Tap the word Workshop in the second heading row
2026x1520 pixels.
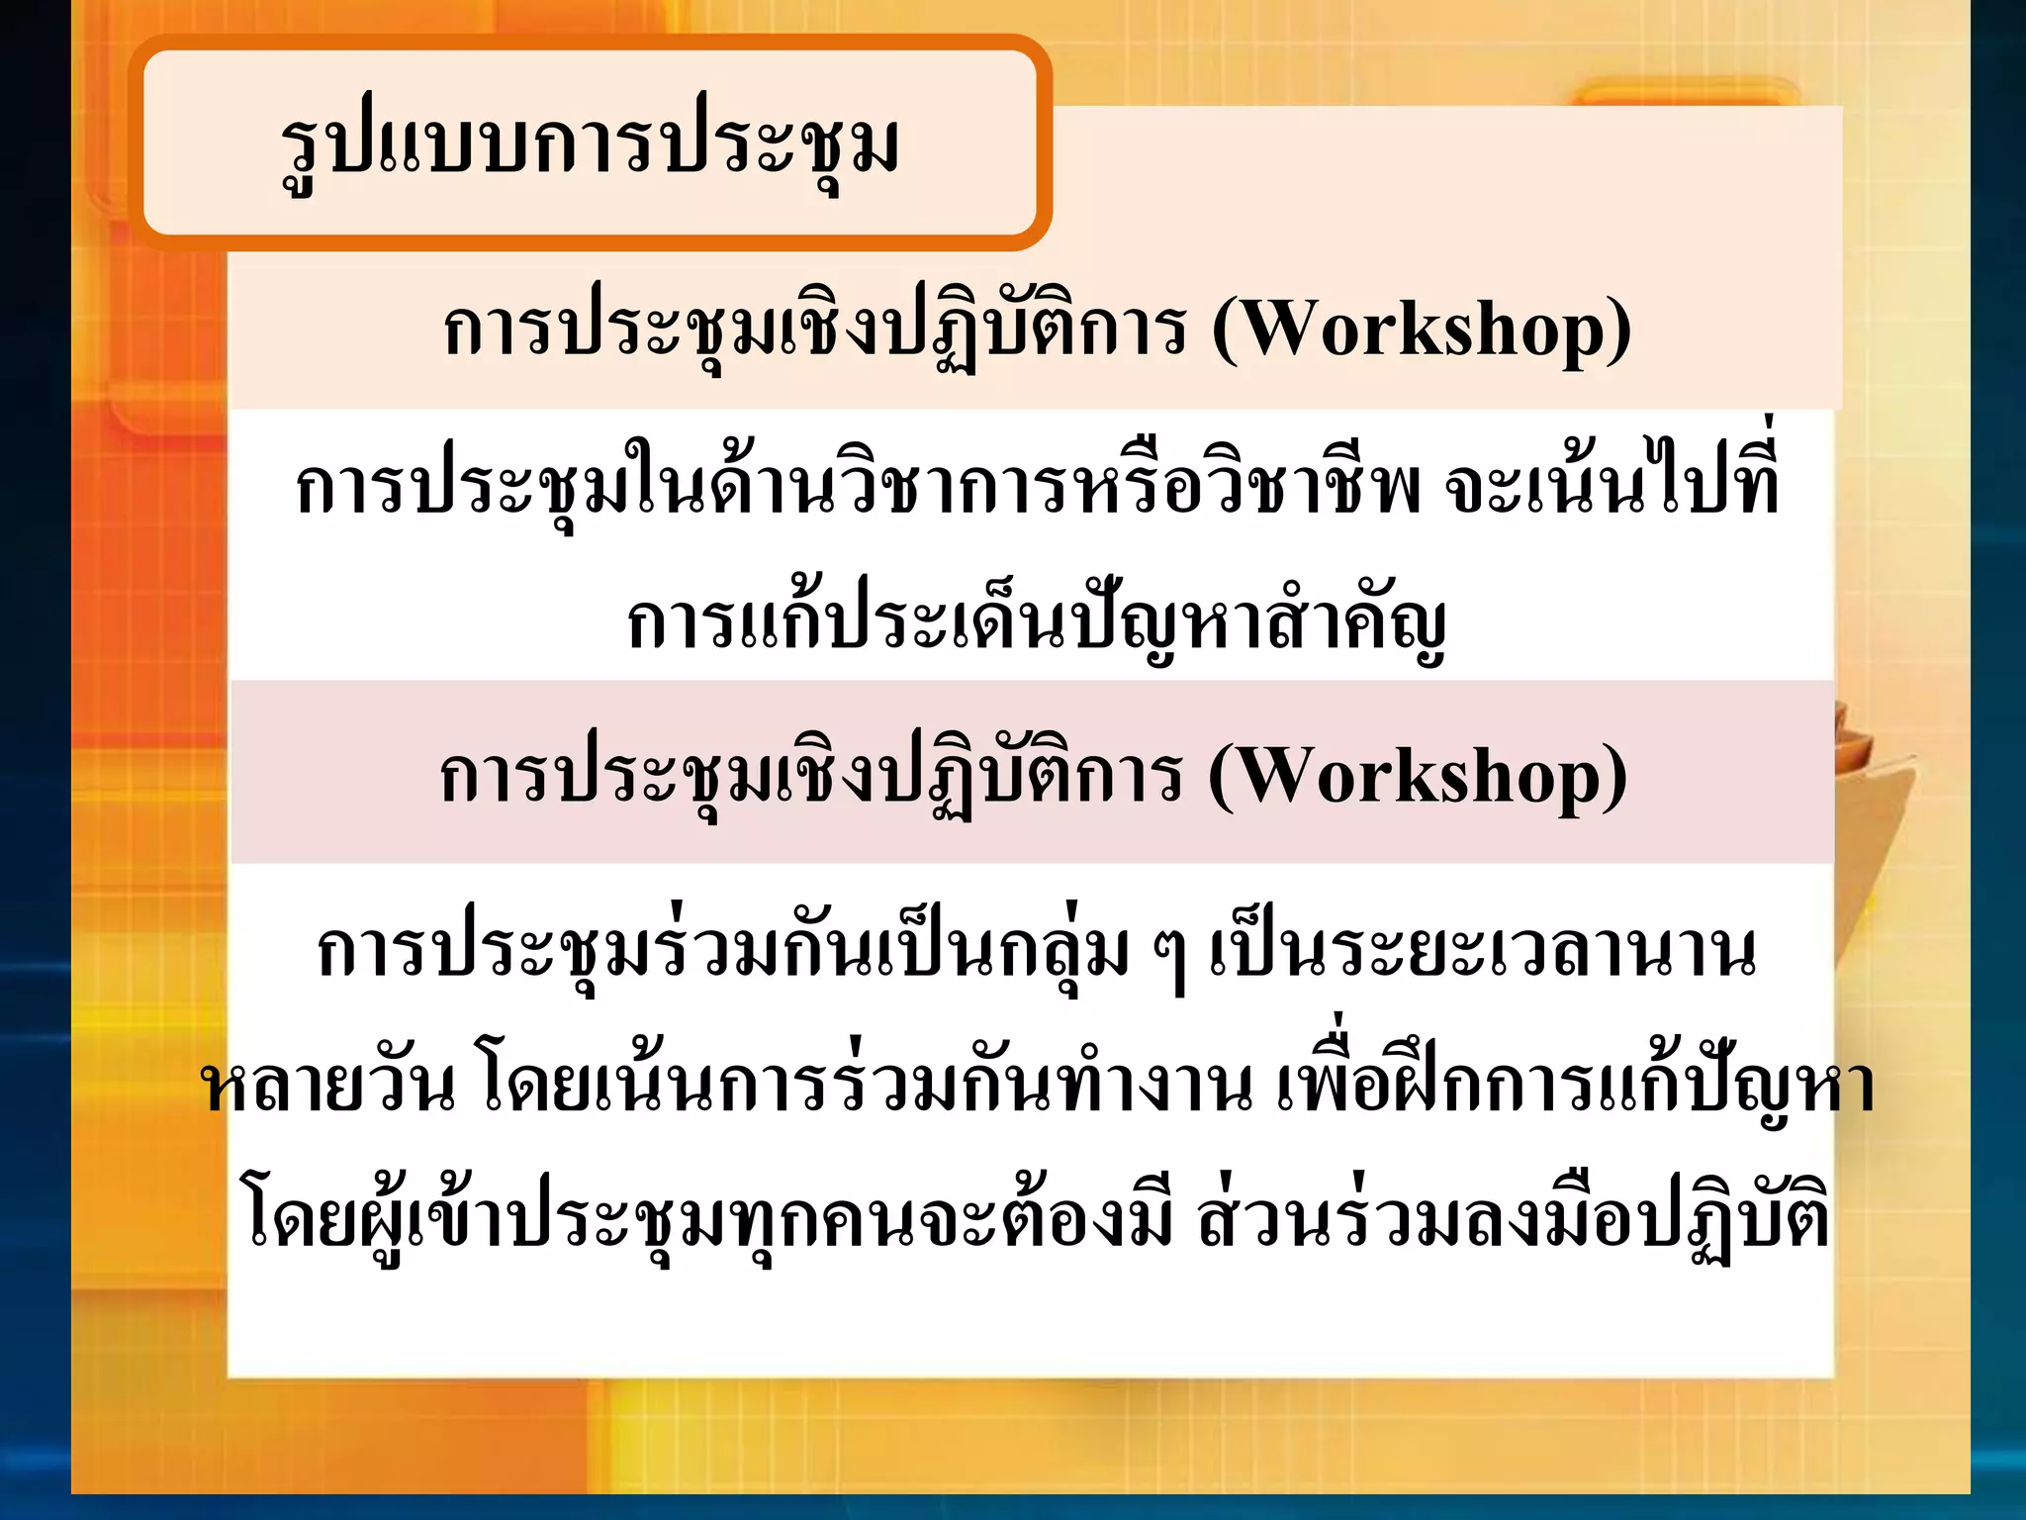1418,776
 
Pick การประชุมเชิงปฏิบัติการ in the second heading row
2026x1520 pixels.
809,776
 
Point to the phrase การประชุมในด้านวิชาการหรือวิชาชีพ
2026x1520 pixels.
858,488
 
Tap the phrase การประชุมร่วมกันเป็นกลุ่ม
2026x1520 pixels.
722,952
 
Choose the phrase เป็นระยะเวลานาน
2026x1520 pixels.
1482,952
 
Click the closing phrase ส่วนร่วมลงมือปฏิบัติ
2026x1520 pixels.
1512,1223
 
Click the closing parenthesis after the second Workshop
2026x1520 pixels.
1615,778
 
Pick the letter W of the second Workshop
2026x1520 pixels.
1270,776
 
